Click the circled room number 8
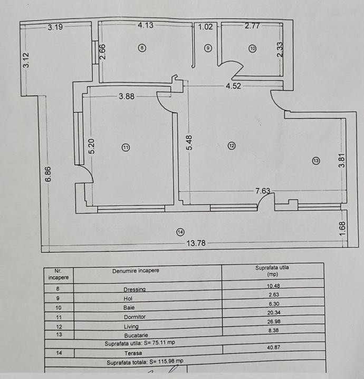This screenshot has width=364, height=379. pos(142,48)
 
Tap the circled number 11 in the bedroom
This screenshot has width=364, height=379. pos(126,147)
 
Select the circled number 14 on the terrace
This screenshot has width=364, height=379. pos(180,232)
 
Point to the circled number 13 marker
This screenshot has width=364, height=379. pos(316,161)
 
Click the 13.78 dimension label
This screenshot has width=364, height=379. pos(196,243)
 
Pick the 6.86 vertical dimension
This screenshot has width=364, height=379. pos(48,174)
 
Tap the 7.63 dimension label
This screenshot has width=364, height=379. pos(263,191)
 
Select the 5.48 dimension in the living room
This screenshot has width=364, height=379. pos(189,143)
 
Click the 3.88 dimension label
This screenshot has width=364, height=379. pos(127,96)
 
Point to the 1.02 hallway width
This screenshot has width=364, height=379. pos(205,27)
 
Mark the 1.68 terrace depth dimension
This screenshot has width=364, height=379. pos(342,228)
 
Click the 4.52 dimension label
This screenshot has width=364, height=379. pos(234,86)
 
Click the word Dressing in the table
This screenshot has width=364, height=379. pos(135,290)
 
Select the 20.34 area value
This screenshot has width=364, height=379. pos(274,313)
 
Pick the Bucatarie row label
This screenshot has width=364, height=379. pos(136,335)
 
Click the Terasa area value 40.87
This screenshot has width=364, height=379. pos(273,347)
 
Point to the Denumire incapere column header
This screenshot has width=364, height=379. pos(136,271)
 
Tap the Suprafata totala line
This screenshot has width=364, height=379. pos(145,362)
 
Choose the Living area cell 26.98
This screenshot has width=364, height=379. pos(274,322)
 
